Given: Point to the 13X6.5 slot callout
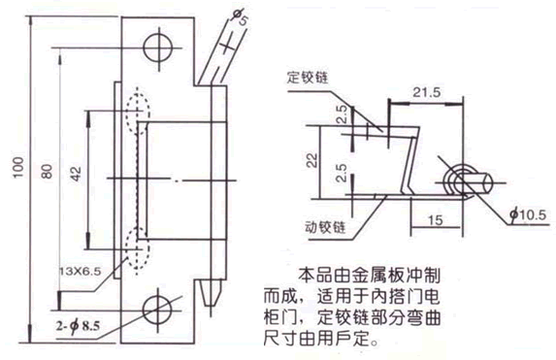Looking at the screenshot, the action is pos(82,268).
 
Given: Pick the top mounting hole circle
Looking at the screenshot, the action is pos(155,47).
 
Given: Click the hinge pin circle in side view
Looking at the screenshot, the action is pos(460,180).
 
